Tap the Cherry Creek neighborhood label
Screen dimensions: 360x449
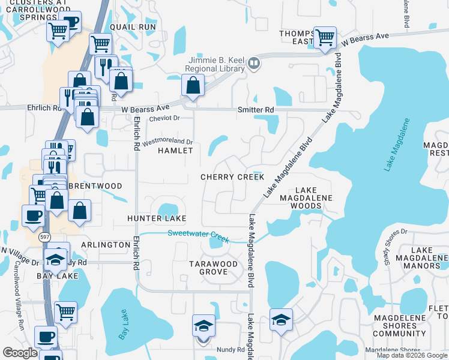(232, 177)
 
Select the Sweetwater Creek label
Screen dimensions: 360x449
(199, 236)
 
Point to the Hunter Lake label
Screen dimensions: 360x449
(156, 218)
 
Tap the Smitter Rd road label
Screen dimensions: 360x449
(256, 110)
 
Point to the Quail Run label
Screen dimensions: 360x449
(133, 28)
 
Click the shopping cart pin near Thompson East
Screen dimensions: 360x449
(325, 37)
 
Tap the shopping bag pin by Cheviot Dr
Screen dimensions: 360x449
(192, 88)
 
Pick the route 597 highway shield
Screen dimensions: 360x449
(45, 237)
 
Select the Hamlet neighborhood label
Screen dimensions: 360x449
(175, 151)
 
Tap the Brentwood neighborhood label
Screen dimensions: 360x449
(95, 186)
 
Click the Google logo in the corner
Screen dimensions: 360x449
(20, 353)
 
